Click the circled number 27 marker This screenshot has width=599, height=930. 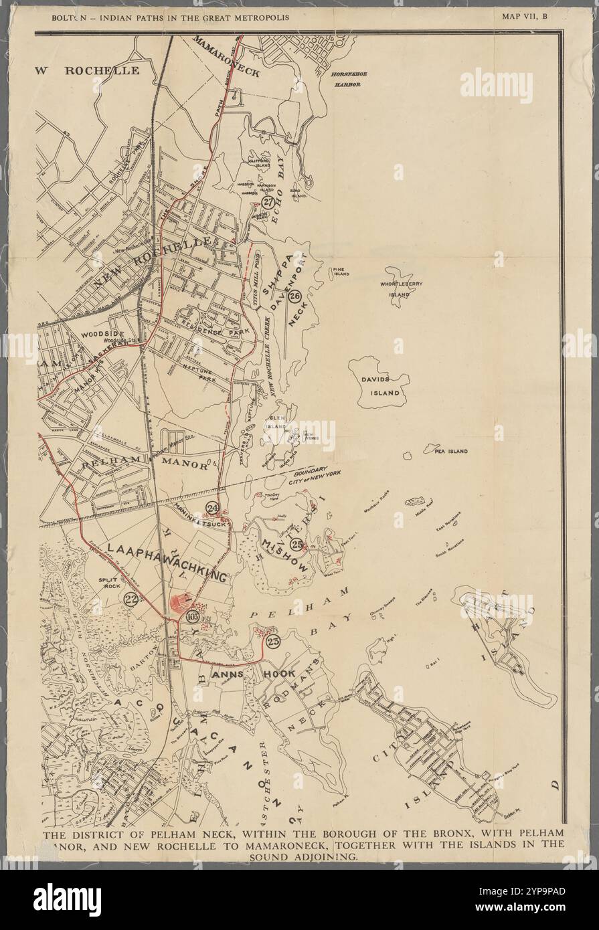(x=268, y=202)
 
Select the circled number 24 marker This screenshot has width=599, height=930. (x=213, y=508)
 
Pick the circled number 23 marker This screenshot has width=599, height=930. (x=272, y=641)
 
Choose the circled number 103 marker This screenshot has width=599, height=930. (x=193, y=616)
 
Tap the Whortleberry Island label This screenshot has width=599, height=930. (x=409, y=289)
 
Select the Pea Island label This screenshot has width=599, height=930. (x=450, y=452)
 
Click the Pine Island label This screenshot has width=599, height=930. (x=341, y=271)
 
